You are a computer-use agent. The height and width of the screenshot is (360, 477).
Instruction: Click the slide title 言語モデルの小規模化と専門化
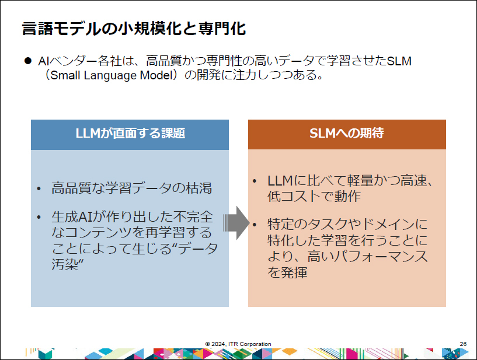134,29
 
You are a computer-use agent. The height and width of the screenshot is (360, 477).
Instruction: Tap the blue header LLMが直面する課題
130,134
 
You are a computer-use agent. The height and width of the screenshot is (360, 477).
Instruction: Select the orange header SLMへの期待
346,134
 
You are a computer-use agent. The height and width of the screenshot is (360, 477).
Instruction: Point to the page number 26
463,344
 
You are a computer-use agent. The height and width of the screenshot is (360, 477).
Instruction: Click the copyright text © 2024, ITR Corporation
238,344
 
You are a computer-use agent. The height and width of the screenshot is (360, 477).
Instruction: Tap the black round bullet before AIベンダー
27,61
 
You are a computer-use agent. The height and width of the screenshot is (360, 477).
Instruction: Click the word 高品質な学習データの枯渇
131,188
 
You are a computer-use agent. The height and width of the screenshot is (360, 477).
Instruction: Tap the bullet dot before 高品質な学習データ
39,188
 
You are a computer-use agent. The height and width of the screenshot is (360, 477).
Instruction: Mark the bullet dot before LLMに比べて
255,181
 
